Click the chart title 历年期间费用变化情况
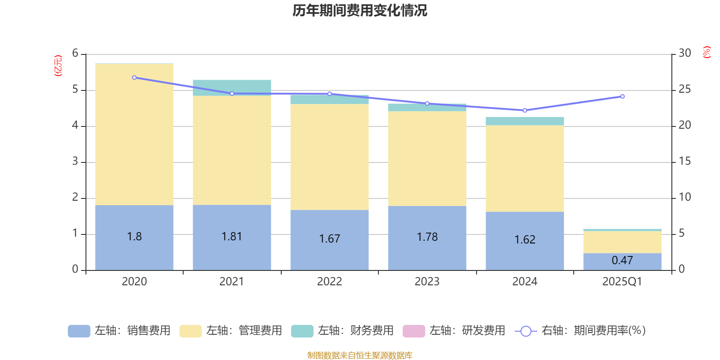pos(360,10)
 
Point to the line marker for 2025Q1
pos(622,96)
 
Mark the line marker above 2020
pos(134,77)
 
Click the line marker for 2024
pos(525,110)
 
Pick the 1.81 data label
pos(232,236)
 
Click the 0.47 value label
pos(622,260)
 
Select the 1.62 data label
pos(525,239)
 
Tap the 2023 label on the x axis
pos(427,282)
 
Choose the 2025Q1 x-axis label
pos(622,282)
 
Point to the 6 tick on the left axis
pos(75,54)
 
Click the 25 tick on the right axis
pos(684,90)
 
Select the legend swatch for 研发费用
pos(414,331)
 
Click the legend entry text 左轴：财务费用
pos(355,331)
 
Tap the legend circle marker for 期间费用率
pos(526,331)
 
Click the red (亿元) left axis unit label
pos(58,66)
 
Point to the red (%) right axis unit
pos(707,52)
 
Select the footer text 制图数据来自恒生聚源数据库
pos(360,355)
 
